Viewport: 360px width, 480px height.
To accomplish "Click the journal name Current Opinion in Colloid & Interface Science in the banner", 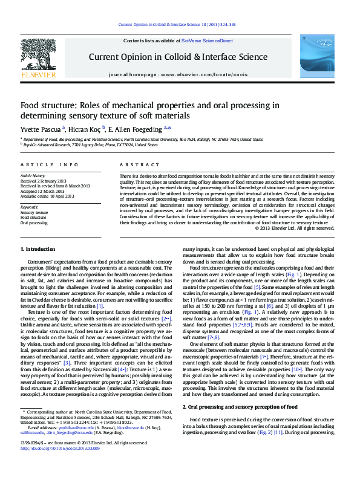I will click(178, 57).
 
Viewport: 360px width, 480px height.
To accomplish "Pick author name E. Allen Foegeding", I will click(138, 129).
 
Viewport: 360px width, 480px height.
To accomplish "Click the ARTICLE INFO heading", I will click(49, 164).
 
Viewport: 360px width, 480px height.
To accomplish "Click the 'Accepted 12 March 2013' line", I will click(42, 190).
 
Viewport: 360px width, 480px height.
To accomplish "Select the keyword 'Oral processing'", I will click(34, 222).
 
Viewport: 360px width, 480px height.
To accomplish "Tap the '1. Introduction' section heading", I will click(38, 265).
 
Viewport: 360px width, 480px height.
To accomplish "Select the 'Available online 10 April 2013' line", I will click(47, 196).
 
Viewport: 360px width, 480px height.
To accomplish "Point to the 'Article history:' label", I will click(36, 175).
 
